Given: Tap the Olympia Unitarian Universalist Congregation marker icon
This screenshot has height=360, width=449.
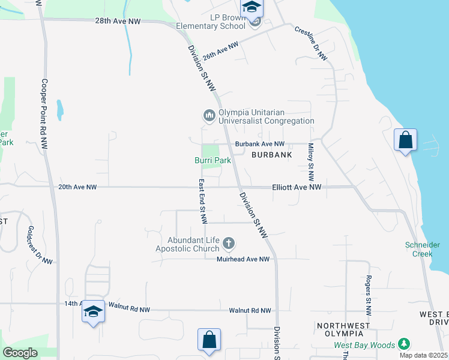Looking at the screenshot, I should [209, 115].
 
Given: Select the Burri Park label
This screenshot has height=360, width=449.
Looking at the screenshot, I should [212, 161].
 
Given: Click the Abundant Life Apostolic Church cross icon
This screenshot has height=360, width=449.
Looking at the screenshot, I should [228, 243].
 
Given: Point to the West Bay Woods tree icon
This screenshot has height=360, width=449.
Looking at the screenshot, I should [405, 344].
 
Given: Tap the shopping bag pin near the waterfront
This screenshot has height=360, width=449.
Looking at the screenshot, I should [406, 140].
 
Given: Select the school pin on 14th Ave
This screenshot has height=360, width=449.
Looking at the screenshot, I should [93, 311].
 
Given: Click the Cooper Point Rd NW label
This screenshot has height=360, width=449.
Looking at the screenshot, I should [44, 114].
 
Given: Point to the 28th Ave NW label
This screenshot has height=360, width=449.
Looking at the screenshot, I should [118, 20].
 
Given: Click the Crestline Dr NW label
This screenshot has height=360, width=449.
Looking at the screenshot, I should [311, 43].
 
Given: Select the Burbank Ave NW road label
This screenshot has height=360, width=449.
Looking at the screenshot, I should [259, 144].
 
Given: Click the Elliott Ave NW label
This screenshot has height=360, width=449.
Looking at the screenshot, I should [297, 187].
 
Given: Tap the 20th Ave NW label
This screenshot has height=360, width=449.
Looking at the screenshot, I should [77, 187].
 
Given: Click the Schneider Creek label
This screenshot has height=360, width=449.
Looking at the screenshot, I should [422, 249].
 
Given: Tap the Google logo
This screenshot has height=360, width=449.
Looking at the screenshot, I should [20, 353].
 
